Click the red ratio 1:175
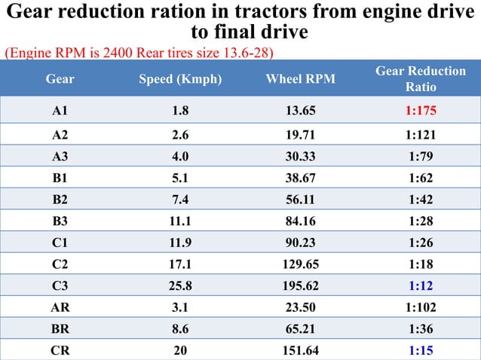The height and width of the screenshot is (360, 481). [x=420, y=111]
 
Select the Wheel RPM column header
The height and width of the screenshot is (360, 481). [x=300, y=78]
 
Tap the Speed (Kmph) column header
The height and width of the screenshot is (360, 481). [x=180, y=78]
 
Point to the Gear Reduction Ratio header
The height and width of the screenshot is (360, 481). [x=420, y=78]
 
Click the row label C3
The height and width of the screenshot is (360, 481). [x=60, y=285]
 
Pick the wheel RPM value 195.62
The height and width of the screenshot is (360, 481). [x=300, y=285]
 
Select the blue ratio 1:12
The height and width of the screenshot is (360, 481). [x=420, y=285]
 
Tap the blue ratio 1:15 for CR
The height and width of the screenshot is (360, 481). [x=420, y=350]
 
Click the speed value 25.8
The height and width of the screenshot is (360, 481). [x=180, y=285]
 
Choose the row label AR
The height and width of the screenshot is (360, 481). [x=60, y=307]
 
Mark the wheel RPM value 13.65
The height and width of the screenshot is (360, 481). [x=300, y=111]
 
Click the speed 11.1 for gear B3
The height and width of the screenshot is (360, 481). [x=180, y=221]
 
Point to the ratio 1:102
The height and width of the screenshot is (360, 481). [x=420, y=307]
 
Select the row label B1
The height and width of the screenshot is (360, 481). [x=60, y=178]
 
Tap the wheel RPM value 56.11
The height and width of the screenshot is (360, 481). [x=300, y=200]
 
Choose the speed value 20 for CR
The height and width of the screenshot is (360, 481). [x=180, y=350]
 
